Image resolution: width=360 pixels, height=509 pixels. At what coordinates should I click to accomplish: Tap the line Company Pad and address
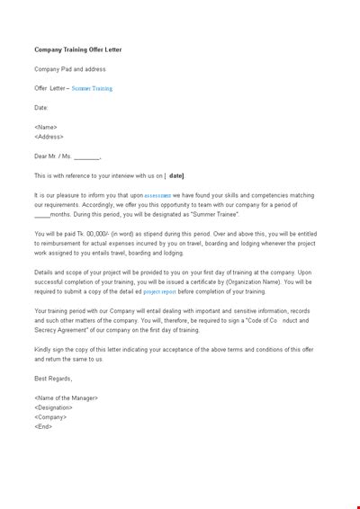pos(70,69)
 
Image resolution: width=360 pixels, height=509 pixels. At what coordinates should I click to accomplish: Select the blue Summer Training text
pos(93,89)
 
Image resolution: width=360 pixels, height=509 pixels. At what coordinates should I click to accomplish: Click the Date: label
pos(42,108)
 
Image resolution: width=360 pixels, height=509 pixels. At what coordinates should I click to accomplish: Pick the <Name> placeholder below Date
pos(45,128)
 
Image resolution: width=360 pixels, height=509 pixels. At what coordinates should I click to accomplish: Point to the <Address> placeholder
pos(49,138)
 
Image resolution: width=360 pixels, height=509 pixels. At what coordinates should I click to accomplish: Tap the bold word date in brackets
pos(176,176)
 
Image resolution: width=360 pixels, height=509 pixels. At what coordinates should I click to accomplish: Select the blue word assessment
pos(157,195)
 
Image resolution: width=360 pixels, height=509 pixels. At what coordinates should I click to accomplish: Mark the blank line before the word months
pos(41,215)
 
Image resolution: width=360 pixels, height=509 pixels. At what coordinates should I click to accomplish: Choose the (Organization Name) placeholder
pos(256,281)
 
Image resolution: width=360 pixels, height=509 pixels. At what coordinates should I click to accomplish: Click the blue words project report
pos(159,291)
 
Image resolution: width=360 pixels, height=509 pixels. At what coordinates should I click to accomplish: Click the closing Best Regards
pos(53,378)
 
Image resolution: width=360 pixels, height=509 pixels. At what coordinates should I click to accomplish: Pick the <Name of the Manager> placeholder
pos(67,397)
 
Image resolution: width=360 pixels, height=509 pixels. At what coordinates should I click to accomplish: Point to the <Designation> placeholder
pos(53,407)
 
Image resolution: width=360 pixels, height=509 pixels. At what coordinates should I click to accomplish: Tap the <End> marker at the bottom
pos(42,426)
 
